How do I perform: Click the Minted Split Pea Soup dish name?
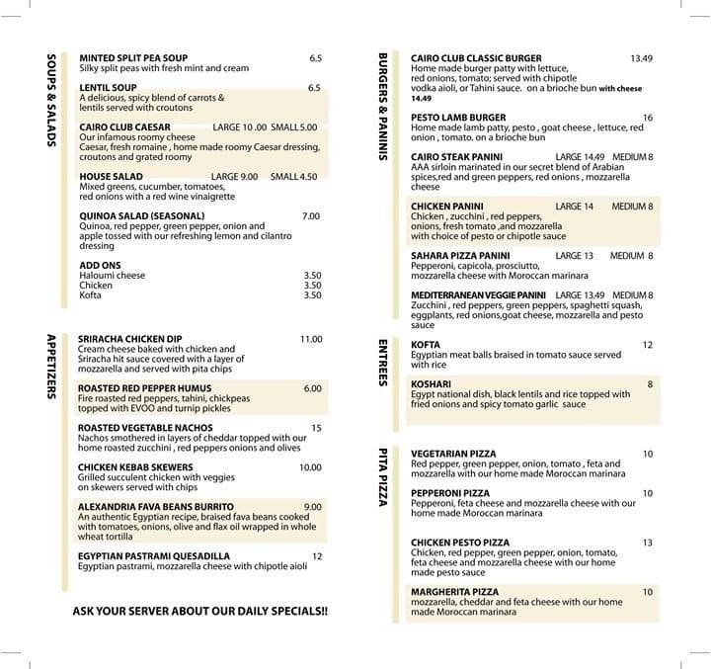coord(133,58)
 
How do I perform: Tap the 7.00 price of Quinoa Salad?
coord(311,215)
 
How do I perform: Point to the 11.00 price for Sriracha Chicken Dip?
coord(311,339)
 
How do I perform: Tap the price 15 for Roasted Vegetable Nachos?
coord(316,428)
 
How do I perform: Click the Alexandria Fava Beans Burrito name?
coord(149,507)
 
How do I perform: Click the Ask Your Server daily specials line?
coord(200,611)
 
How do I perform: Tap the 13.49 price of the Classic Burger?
coord(642,58)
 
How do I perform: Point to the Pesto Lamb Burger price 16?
coord(648,118)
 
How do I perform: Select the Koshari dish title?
coord(433,384)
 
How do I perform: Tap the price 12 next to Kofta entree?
coord(648,345)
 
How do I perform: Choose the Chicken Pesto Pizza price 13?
coord(648,543)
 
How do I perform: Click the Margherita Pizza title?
coord(454,592)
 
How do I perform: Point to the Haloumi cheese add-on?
coord(112,275)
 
